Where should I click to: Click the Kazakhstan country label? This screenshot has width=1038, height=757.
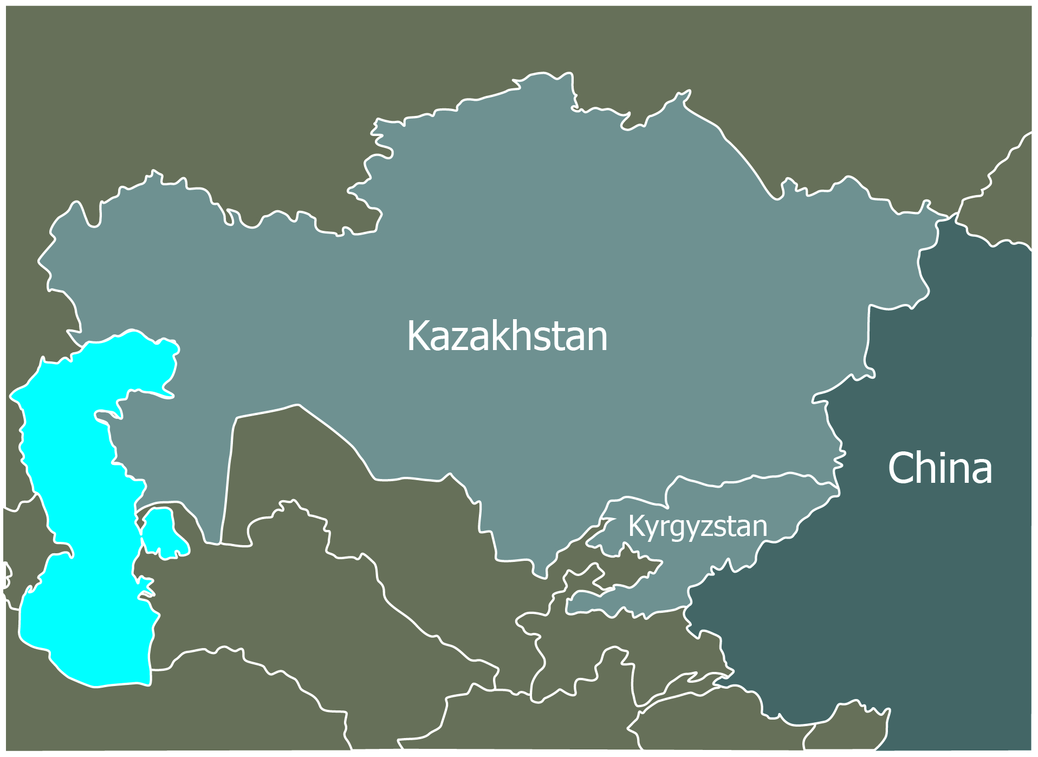point(507,336)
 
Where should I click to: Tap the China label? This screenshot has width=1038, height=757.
point(940,468)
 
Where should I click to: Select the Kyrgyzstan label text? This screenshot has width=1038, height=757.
point(698,526)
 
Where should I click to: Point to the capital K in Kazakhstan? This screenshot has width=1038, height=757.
point(418,336)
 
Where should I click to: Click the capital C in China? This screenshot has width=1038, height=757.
point(901,468)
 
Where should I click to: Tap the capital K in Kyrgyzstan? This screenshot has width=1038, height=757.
point(635,526)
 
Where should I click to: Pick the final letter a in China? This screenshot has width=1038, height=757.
point(981,472)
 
